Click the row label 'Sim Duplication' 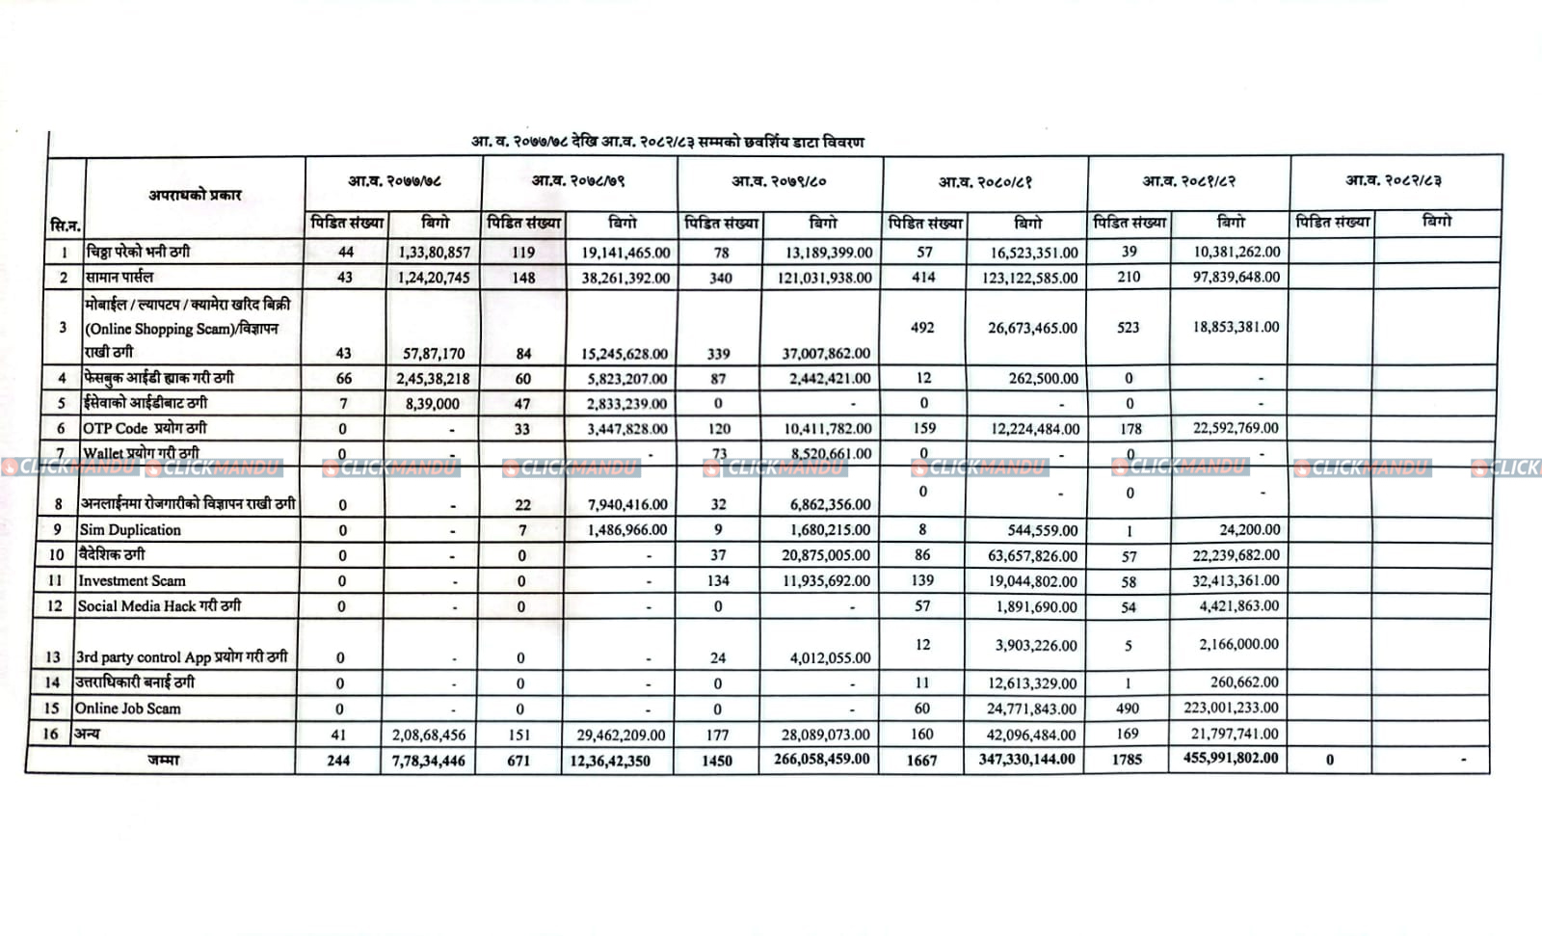[130, 529]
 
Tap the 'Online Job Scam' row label [127, 708]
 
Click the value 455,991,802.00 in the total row [1231, 758]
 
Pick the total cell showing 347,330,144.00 [1026, 760]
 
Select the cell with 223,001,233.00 [1231, 708]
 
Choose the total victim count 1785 [1127, 760]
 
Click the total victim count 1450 [716, 761]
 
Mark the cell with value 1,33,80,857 [434, 253]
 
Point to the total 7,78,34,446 [429, 761]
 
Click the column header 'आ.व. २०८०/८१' [985, 181]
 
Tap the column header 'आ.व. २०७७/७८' [395, 180]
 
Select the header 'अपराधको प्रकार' [195, 195]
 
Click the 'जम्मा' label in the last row [163, 760]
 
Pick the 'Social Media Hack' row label [159, 605]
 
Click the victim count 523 [1128, 327]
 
